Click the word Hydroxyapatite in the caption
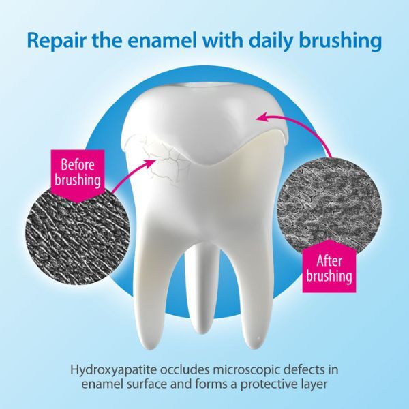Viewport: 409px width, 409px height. coord(114,371)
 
